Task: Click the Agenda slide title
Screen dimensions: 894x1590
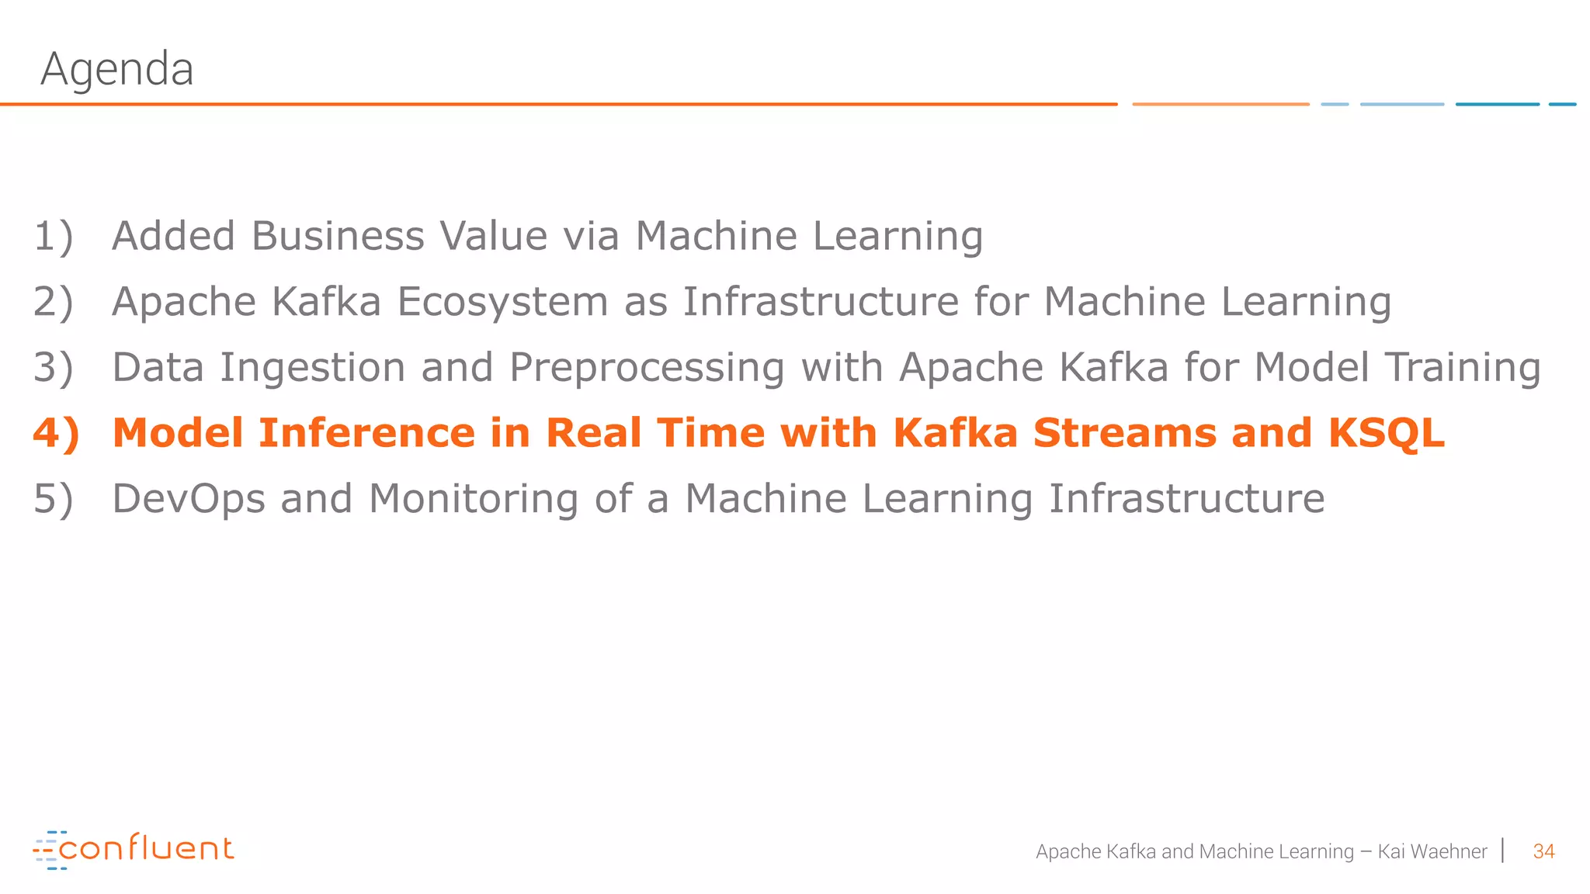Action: pos(116,69)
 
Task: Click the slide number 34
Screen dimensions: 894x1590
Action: pos(1543,851)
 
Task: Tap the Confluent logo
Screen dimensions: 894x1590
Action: pos(134,849)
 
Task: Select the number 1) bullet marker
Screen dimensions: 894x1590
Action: pos(53,236)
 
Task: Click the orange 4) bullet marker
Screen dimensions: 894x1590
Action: pos(56,433)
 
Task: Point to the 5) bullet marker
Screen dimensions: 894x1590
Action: pos(53,498)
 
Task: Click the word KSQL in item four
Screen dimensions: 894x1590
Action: pos(1386,433)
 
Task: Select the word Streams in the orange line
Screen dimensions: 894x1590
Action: pos(1124,433)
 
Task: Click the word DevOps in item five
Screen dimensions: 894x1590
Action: pos(189,498)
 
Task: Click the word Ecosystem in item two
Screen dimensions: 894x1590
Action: pos(502,302)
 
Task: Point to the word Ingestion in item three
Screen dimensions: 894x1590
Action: pos(312,367)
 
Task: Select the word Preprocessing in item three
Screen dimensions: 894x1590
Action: pos(647,367)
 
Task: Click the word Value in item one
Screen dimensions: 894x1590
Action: pos(493,236)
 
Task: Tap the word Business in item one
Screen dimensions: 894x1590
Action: pos(338,236)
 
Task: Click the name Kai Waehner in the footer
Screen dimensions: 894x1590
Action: pos(1432,851)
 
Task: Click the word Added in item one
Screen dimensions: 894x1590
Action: pos(173,236)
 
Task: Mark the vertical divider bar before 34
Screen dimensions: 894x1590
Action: pos(1503,851)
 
